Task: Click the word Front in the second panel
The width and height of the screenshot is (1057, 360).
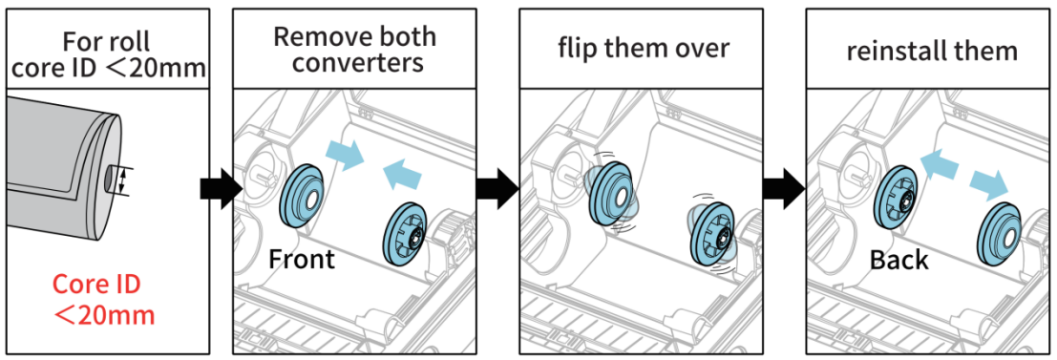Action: [x=302, y=259]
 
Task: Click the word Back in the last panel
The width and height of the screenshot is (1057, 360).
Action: [x=898, y=260]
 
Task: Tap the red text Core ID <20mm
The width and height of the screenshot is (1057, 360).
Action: [x=104, y=299]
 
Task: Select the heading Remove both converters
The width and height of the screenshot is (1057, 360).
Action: [x=354, y=50]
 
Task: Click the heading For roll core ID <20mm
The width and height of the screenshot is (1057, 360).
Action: [x=106, y=53]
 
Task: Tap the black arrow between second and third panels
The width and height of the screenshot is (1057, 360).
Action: [x=497, y=189]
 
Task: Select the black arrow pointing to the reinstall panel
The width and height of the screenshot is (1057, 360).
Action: [x=785, y=189]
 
